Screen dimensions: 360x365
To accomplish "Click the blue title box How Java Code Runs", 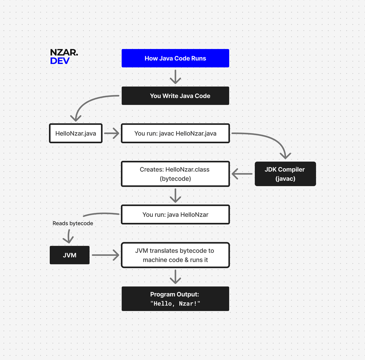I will pyautogui.click(x=175, y=58).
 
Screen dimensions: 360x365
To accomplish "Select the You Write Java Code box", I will pyautogui.click(x=175, y=96).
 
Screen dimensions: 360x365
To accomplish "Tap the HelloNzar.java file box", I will pyautogui.click(x=76, y=133).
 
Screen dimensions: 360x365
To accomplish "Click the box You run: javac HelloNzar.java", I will pyautogui.click(x=175, y=133).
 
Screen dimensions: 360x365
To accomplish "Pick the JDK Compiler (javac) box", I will pyautogui.click(x=285, y=174).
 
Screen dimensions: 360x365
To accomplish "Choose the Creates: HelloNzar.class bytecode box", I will pyautogui.click(x=175, y=174).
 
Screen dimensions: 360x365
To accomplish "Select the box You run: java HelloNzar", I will pyautogui.click(x=175, y=215).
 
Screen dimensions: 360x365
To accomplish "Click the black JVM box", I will pyautogui.click(x=70, y=255).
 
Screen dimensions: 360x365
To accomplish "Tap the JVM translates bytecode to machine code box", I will pyautogui.click(x=175, y=255).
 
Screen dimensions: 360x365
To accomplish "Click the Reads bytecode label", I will pyautogui.click(x=73, y=223).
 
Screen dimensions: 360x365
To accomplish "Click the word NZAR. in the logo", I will pyautogui.click(x=64, y=52).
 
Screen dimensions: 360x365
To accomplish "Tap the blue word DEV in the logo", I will pyautogui.click(x=60, y=61).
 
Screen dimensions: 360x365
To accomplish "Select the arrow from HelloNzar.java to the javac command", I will pyautogui.click(x=112, y=133).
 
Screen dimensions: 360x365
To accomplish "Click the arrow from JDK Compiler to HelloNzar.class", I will pyautogui.click(x=242, y=174).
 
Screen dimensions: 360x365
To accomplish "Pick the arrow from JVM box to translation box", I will pyautogui.click(x=105, y=255).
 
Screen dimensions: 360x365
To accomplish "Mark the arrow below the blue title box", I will pyautogui.click(x=175, y=77).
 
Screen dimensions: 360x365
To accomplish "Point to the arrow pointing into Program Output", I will pyautogui.click(x=175, y=277).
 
